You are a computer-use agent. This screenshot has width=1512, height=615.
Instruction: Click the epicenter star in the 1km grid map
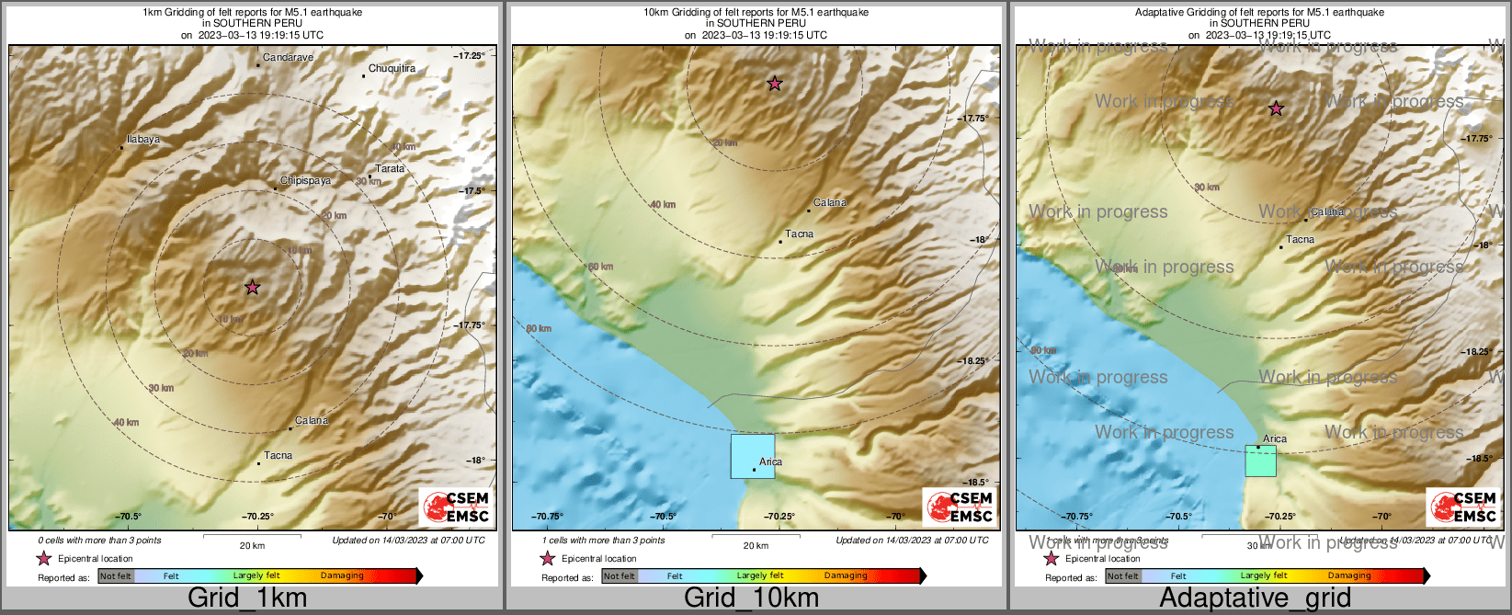click(x=253, y=288)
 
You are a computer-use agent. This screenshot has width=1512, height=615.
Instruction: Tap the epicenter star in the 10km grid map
click(x=775, y=84)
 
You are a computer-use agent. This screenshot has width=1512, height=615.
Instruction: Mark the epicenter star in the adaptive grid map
click(x=1276, y=108)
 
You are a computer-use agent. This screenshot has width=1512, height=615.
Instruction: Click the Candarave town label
click(x=288, y=58)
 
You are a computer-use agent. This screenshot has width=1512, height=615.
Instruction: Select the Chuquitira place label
click(x=392, y=69)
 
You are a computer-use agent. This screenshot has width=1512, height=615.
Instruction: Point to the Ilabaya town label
click(x=142, y=140)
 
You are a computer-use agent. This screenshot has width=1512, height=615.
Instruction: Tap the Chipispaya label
click(x=305, y=181)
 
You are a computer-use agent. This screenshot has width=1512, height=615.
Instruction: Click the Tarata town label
click(x=390, y=169)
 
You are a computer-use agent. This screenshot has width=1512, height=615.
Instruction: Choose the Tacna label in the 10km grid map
click(x=799, y=234)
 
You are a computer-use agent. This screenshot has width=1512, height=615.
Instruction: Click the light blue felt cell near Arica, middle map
click(x=752, y=456)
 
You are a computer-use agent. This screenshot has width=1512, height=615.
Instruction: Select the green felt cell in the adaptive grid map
click(x=1260, y=461)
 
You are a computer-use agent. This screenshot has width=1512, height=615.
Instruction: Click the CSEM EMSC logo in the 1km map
click(x=456, y=507)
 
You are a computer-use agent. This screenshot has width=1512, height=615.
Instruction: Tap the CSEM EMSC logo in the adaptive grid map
click(x=1462, y=507)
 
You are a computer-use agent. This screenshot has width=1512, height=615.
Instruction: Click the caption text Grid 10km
click(x=751, y=598)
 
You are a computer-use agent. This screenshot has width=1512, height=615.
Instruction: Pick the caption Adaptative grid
click(x=1255, y=598)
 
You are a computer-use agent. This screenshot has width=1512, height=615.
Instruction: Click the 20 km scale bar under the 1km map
click(x=251, y=535)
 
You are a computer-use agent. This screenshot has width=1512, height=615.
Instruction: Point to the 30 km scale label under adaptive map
click(x=1258, y=545)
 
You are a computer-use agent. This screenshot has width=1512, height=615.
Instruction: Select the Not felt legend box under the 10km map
click(x=620, y=576)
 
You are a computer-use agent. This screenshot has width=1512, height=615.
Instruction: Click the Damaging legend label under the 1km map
click(x=342, y=576)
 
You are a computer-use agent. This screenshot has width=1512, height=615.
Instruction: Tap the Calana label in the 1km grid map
click(x=312, y=421)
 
